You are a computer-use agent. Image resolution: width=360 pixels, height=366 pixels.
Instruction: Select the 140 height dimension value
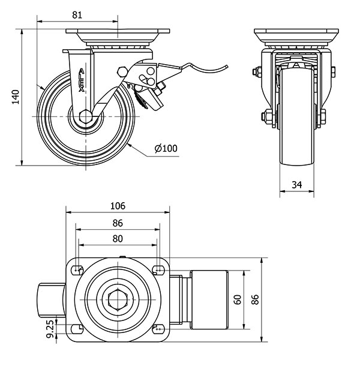click(16, 96)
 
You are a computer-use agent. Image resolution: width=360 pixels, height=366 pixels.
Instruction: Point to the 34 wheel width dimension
click(296, 185)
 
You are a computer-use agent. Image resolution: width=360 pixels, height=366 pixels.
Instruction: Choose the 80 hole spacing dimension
click(117, 238)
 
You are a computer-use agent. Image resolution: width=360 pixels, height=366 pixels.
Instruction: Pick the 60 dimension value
click(237, 299)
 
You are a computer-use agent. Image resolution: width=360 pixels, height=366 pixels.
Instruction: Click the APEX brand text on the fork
click(82, 81)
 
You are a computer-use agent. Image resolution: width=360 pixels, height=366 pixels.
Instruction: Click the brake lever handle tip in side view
click(227, 67)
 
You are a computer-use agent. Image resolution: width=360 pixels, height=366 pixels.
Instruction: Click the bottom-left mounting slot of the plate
click(77, 328)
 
